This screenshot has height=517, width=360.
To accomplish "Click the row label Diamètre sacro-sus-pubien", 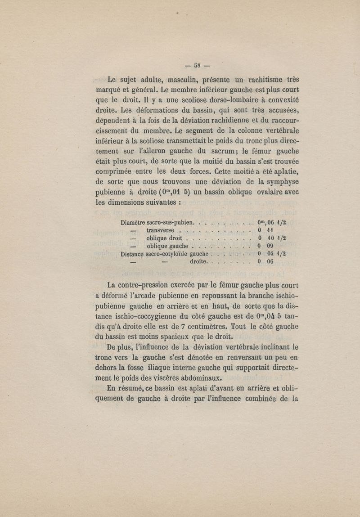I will tap(157, 222).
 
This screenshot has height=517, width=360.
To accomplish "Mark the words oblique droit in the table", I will tap(163, 238).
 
